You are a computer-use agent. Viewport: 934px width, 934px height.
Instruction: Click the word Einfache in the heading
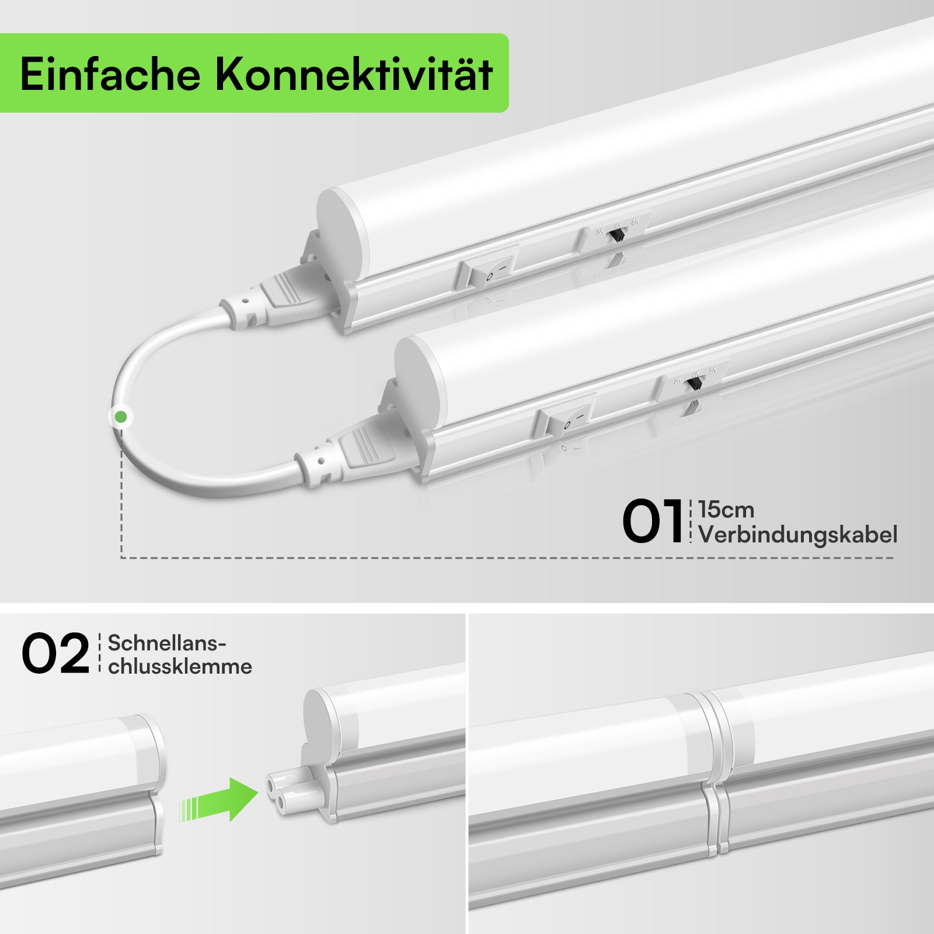click(x=110, y=75)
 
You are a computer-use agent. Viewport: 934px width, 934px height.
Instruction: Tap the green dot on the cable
click(x=121, y=417)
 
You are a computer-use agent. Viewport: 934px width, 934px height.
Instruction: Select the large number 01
click(x=652, y=521)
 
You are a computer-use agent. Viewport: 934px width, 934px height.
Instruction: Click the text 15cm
click(x=726, y=510)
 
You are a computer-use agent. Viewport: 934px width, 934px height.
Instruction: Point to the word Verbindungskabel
click(x=797, y=535)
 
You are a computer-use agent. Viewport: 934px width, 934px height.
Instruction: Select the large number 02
click(x=55, y=654)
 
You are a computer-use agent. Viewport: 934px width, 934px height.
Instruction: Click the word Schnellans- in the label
click(x=167, y=643)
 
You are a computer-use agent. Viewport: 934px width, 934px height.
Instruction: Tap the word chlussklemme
click(x=180, y=666)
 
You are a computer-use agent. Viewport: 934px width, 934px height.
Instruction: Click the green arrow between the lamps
click(x=222, y=799)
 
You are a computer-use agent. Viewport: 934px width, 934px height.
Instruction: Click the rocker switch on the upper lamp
click(x=488, y=270)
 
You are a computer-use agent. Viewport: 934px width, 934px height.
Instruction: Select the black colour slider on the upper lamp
click(x=616, y=235)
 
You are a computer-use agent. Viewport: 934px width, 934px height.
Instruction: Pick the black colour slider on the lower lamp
click(x=694, y=384)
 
